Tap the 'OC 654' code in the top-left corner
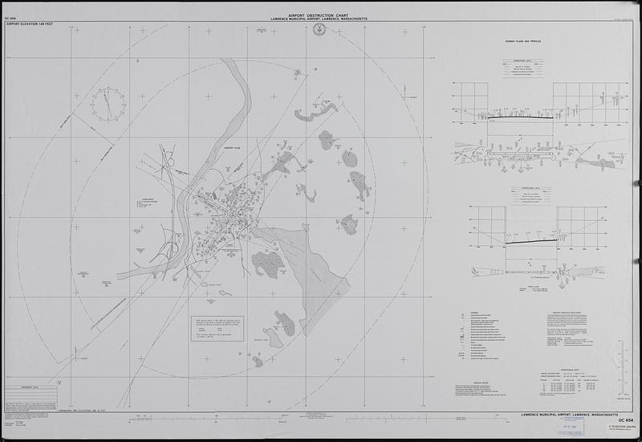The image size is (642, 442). pos(11,17)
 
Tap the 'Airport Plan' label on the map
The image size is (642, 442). pos(233,148)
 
